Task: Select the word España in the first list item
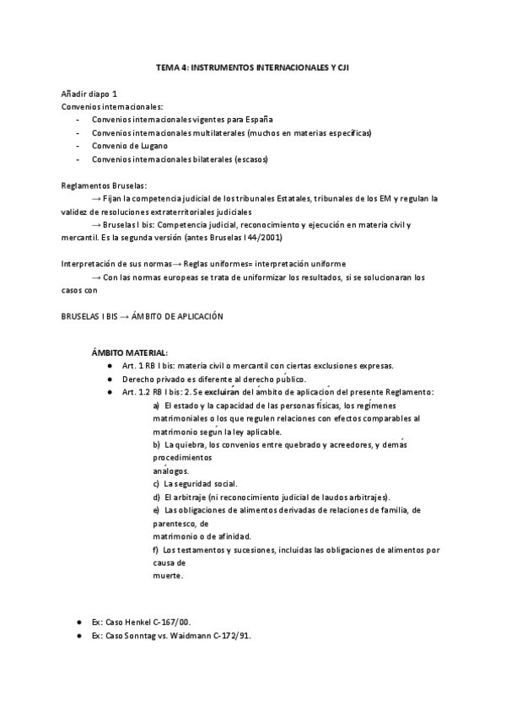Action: (256, 119)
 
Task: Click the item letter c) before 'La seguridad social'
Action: (156, 483)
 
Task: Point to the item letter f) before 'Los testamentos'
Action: (156, 550)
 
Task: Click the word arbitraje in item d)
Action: (182, 497)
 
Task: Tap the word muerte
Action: (168, 576)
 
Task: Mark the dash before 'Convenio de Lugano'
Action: (78, 146)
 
